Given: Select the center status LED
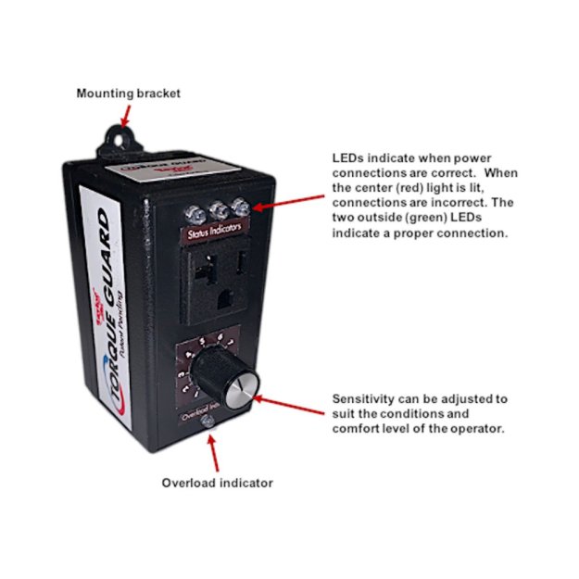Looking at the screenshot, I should point(220,208).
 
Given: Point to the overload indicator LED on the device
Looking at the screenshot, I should point(208,422).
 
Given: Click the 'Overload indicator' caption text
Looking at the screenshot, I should point(217,483).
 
